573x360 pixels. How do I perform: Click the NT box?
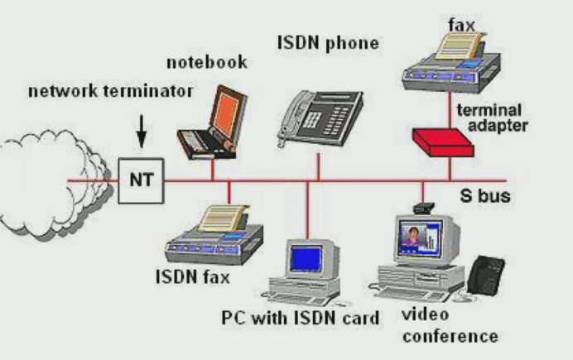(141, 180)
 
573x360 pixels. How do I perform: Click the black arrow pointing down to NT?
(142, 132)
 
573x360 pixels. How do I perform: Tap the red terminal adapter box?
(444, 142)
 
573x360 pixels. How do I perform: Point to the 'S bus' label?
(485, 195)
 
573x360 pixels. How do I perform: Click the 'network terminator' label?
(110, 91)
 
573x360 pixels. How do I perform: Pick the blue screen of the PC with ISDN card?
(306, 260)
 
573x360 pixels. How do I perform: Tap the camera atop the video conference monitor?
(423, 208)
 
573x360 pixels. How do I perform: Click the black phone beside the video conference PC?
(486, 275)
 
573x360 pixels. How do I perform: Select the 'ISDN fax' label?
(193, 276)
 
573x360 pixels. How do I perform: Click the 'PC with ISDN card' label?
(301, 318)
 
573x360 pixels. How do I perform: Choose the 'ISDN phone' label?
(328, 43)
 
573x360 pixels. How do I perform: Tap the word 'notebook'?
(207, 62)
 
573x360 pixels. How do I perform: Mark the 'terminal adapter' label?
(492, 118)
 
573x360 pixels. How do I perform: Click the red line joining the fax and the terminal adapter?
(450, 109)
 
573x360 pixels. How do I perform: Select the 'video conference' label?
(450, 325)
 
